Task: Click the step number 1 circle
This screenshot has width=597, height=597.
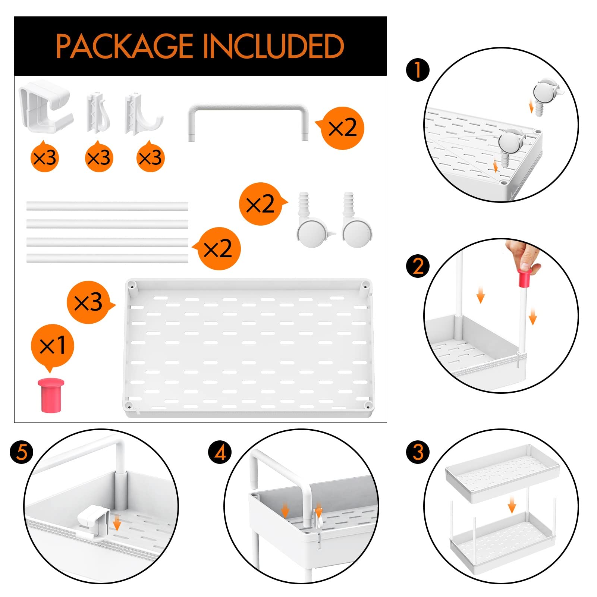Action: click(418, 70)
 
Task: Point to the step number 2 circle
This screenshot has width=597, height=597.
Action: click(418, 266)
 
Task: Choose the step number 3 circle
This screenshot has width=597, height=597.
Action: click(418, 452)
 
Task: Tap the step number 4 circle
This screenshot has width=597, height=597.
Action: click(220, 452)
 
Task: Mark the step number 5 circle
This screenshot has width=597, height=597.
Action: click(22, 452)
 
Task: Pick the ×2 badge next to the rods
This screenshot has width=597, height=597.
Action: click(217, 249)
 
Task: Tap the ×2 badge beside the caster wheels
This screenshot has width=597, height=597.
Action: click(262, 204)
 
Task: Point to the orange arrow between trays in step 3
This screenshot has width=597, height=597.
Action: click(512, 506)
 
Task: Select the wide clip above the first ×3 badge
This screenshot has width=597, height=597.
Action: click(45, 107)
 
